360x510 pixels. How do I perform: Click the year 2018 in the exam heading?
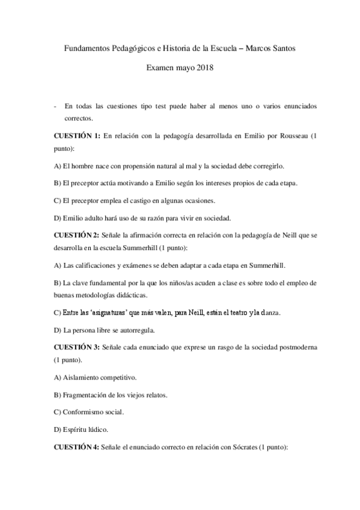point(204,69)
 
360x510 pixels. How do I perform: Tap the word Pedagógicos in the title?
point(132,48)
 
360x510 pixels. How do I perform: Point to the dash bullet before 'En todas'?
point(55,106)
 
